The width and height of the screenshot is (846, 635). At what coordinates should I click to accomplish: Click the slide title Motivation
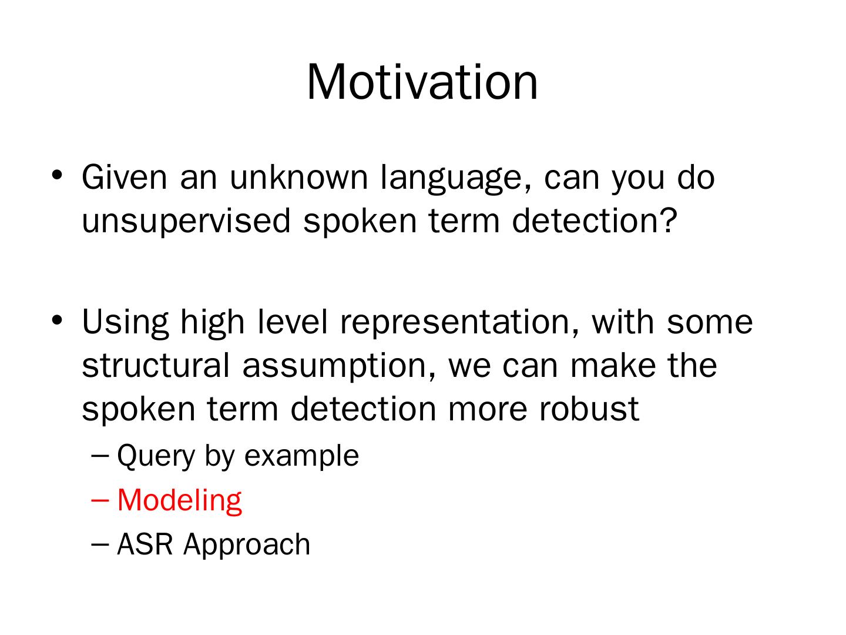(422, 82)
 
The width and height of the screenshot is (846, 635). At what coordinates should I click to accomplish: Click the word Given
(124, 177)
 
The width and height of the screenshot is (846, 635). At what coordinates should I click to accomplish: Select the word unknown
(298, 177)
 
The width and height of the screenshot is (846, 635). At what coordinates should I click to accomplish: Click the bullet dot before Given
(57, 175)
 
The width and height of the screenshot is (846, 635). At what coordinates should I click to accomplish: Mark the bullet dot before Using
(57, 320)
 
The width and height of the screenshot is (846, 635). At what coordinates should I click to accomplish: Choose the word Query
(156, 457)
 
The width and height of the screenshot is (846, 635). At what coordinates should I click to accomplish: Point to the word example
(301, 457)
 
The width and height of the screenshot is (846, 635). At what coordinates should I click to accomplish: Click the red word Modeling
(179, 501)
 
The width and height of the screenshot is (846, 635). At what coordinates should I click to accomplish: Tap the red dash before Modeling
(100, 501)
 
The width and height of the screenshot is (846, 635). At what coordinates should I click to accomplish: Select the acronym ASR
(145, 544)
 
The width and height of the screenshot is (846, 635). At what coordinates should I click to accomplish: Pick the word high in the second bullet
(212, 323)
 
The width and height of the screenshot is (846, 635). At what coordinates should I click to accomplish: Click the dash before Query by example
(100, 456)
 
